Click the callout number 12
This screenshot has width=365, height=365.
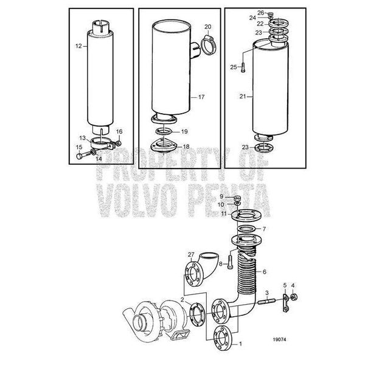[x=78, y=46]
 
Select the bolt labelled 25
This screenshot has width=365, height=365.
[x=243, y=68]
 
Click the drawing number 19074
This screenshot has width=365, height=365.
[x=280, y=339]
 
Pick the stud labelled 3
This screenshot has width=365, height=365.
[x=267, y=301]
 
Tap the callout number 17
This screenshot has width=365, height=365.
[x=201, y=97]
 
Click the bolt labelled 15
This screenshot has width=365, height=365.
[x=84, y=155]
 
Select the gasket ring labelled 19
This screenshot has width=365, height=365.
[x=164, y=131]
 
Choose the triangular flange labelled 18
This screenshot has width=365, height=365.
[x=164, y=146]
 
